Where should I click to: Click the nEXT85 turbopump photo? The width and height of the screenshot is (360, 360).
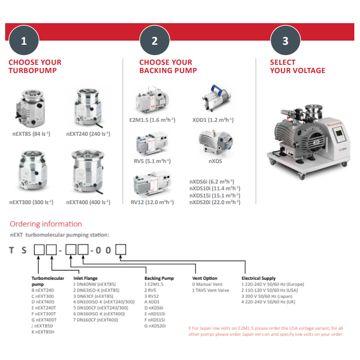(x=32, y=109)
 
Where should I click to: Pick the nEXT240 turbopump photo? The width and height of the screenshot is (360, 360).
(x=88, y=109)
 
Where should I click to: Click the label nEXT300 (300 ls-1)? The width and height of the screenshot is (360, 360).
(x=31, y=202)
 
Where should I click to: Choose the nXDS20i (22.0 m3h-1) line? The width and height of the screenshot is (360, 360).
(x=214, y=202)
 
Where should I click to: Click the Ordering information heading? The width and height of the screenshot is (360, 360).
(x=46, y=224)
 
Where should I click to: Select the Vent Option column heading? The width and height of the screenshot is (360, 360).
(x=204, y=278)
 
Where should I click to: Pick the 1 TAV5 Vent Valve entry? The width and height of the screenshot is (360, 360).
(x=211, y=290)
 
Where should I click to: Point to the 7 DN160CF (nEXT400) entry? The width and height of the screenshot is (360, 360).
(x=96, y=320)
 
